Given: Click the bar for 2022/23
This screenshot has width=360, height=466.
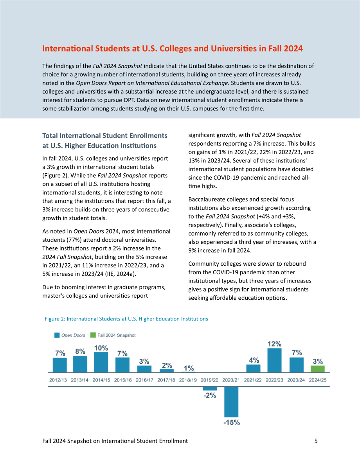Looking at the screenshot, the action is click(274, 360).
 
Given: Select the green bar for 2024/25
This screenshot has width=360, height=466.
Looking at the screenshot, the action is click(317, 369).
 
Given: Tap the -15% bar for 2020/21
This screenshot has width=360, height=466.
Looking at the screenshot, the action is click(231, 402).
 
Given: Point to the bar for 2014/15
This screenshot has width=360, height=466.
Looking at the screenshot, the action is click(101, 362).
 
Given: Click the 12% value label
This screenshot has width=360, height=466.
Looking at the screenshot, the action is click(274, 344).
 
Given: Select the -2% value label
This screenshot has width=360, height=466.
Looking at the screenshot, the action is click(210, 395).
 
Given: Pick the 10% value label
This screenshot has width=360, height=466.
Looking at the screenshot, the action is click(101, 348).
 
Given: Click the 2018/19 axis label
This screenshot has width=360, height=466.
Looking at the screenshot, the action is click(188, 380).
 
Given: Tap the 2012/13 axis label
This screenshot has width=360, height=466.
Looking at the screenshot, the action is click(58, 380).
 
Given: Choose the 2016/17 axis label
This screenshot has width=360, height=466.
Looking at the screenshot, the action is click(144, 380).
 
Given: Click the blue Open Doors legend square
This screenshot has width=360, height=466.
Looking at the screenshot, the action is click(57, 335).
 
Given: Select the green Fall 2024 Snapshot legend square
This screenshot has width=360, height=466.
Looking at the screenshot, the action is click(93, 335).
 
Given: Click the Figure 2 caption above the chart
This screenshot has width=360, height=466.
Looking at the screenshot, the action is click(126, 319).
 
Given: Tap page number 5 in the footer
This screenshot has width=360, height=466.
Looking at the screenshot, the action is click(316, 441).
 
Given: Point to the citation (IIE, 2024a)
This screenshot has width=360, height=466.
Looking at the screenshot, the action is click(121, 274).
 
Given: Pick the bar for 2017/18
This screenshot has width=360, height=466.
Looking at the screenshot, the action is click(166, 371).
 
